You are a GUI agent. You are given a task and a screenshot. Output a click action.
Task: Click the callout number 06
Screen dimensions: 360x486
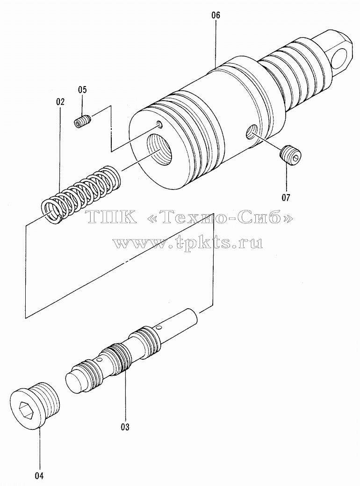click(x=216, y=15)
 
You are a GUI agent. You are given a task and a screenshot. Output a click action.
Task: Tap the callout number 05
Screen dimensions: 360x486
click(x=82, y=90)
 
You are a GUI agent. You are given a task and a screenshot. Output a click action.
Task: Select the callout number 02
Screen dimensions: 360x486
click(x=60, y=102)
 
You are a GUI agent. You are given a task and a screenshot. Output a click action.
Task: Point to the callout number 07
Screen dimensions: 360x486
click(x=286, y=197)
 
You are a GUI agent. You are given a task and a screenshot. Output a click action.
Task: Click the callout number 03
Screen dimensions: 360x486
click(x=125, y=427)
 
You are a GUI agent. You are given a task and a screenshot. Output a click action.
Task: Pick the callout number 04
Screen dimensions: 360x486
click(x=40, y=475)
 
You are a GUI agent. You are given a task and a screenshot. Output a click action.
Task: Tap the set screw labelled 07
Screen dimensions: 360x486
click(x=290, y=154)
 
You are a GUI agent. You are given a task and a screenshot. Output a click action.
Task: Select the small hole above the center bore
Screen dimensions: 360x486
click(x=159, y=124)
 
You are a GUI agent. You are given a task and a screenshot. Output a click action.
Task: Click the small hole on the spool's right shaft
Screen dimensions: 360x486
click(x=159, y=326)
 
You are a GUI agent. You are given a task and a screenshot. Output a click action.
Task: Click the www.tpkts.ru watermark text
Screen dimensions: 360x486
click(x=188, y=242)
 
